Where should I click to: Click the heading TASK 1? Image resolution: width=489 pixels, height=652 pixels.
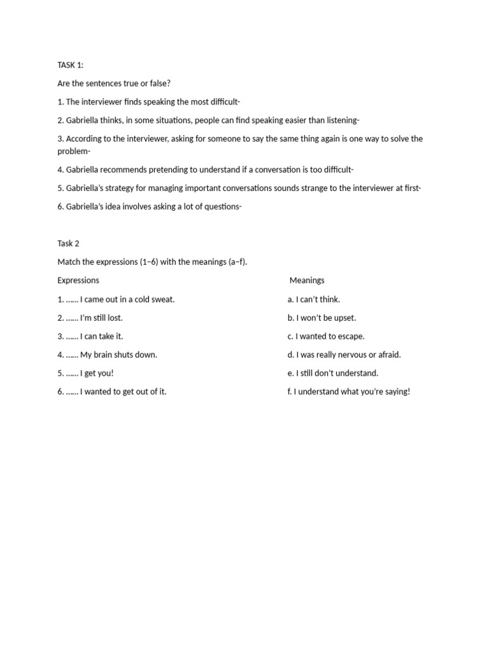point(70,65)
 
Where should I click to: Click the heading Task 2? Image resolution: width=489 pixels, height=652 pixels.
point(68,243)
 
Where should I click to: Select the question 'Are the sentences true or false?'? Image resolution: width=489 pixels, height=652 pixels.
point(114,83)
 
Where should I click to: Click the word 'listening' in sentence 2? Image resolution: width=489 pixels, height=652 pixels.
point(341,120)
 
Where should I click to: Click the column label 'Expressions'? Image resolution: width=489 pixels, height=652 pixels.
point(78,280)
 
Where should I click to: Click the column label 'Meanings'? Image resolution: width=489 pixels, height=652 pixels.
point(307,280)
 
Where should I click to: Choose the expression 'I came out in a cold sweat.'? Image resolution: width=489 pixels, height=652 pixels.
point(127,299)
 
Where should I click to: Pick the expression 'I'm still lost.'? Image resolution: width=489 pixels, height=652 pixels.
point(101,318)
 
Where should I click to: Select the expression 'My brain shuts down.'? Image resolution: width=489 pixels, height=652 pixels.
point(118,355)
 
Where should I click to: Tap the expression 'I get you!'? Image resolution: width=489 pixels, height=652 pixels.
point(97,373)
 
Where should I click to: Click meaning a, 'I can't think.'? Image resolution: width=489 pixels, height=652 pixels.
point(313,299)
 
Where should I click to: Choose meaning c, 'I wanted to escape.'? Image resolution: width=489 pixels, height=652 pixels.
point(326,336)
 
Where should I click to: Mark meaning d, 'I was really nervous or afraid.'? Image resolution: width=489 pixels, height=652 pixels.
point(344,355)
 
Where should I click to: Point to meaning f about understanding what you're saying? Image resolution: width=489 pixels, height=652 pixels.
point(349,392)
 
